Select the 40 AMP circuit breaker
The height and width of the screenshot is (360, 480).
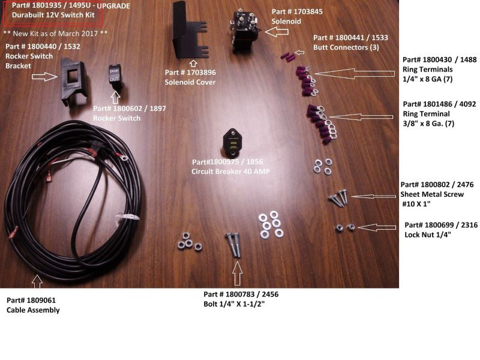[234, 140]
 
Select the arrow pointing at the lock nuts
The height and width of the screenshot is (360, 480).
[377, 227]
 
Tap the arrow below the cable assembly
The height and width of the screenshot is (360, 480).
[37, 280]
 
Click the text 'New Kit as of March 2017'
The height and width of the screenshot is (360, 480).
[55, 32]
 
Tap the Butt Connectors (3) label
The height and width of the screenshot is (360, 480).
[350, 42]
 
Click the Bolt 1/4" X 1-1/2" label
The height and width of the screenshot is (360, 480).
[241, 298]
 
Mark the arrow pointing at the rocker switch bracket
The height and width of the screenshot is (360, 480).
[45, 77]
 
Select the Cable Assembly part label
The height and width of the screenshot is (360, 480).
[33, 305]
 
